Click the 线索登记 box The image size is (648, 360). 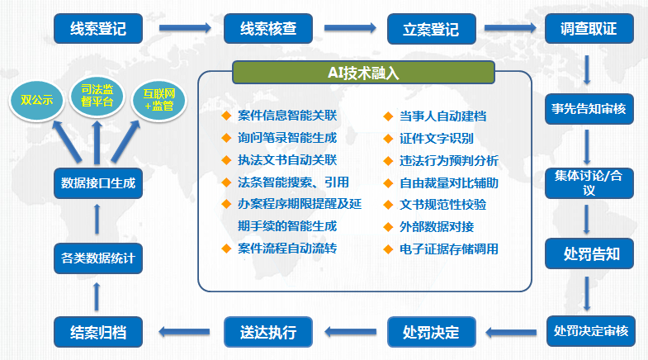(98, 29)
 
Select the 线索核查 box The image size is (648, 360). (268, 29)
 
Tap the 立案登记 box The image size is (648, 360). (432, 29)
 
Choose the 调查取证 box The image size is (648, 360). (589, 29)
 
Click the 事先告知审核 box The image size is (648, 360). (589, 109)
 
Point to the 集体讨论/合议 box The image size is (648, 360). (589, 183)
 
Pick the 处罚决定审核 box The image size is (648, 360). (590, 331)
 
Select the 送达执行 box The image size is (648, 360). (268, 332)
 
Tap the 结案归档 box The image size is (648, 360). (98, 332)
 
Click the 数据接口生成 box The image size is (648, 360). (98, 183)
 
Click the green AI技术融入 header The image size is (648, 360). (363, 73)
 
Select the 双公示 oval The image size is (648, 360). (37, 100)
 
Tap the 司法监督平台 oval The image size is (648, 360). (97, 96)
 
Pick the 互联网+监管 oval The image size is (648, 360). (159, 100)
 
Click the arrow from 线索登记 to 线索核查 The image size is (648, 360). (185, 28)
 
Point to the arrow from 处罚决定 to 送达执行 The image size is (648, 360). (351, 331)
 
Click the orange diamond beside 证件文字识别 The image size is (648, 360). (388, 139)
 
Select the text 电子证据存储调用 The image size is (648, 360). (449, 249)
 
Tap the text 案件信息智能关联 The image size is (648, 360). (287, 116)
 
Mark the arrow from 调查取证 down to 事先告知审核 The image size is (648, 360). (587, 70)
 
